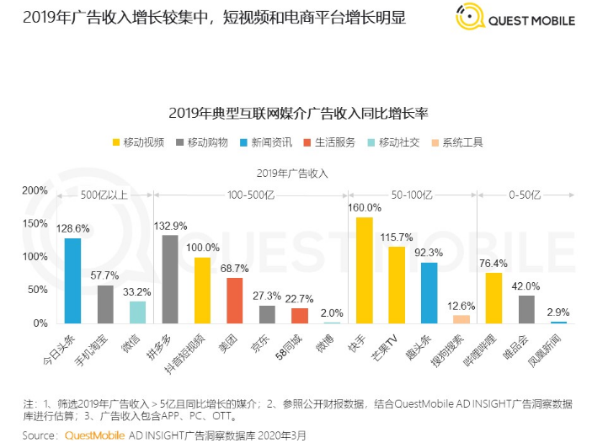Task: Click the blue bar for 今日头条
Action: click(x=72, y=280)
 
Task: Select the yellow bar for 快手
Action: click(x=364, y=270)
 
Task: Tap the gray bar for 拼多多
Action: click(x=169, y=279)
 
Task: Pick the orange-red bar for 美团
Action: click(x=235, y=301)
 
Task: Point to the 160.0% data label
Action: click(x=365, y=207)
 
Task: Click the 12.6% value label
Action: click(x=461, y=306)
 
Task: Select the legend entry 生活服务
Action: click(x=329, y=142)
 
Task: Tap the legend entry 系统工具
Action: click(x=456, y=142)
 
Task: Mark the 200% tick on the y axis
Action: click(x=35, y=190)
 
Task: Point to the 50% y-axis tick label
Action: click(x=37, y=290)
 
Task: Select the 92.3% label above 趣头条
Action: click(x=429, y=252)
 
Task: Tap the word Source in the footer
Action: click(x=40, y=435)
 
